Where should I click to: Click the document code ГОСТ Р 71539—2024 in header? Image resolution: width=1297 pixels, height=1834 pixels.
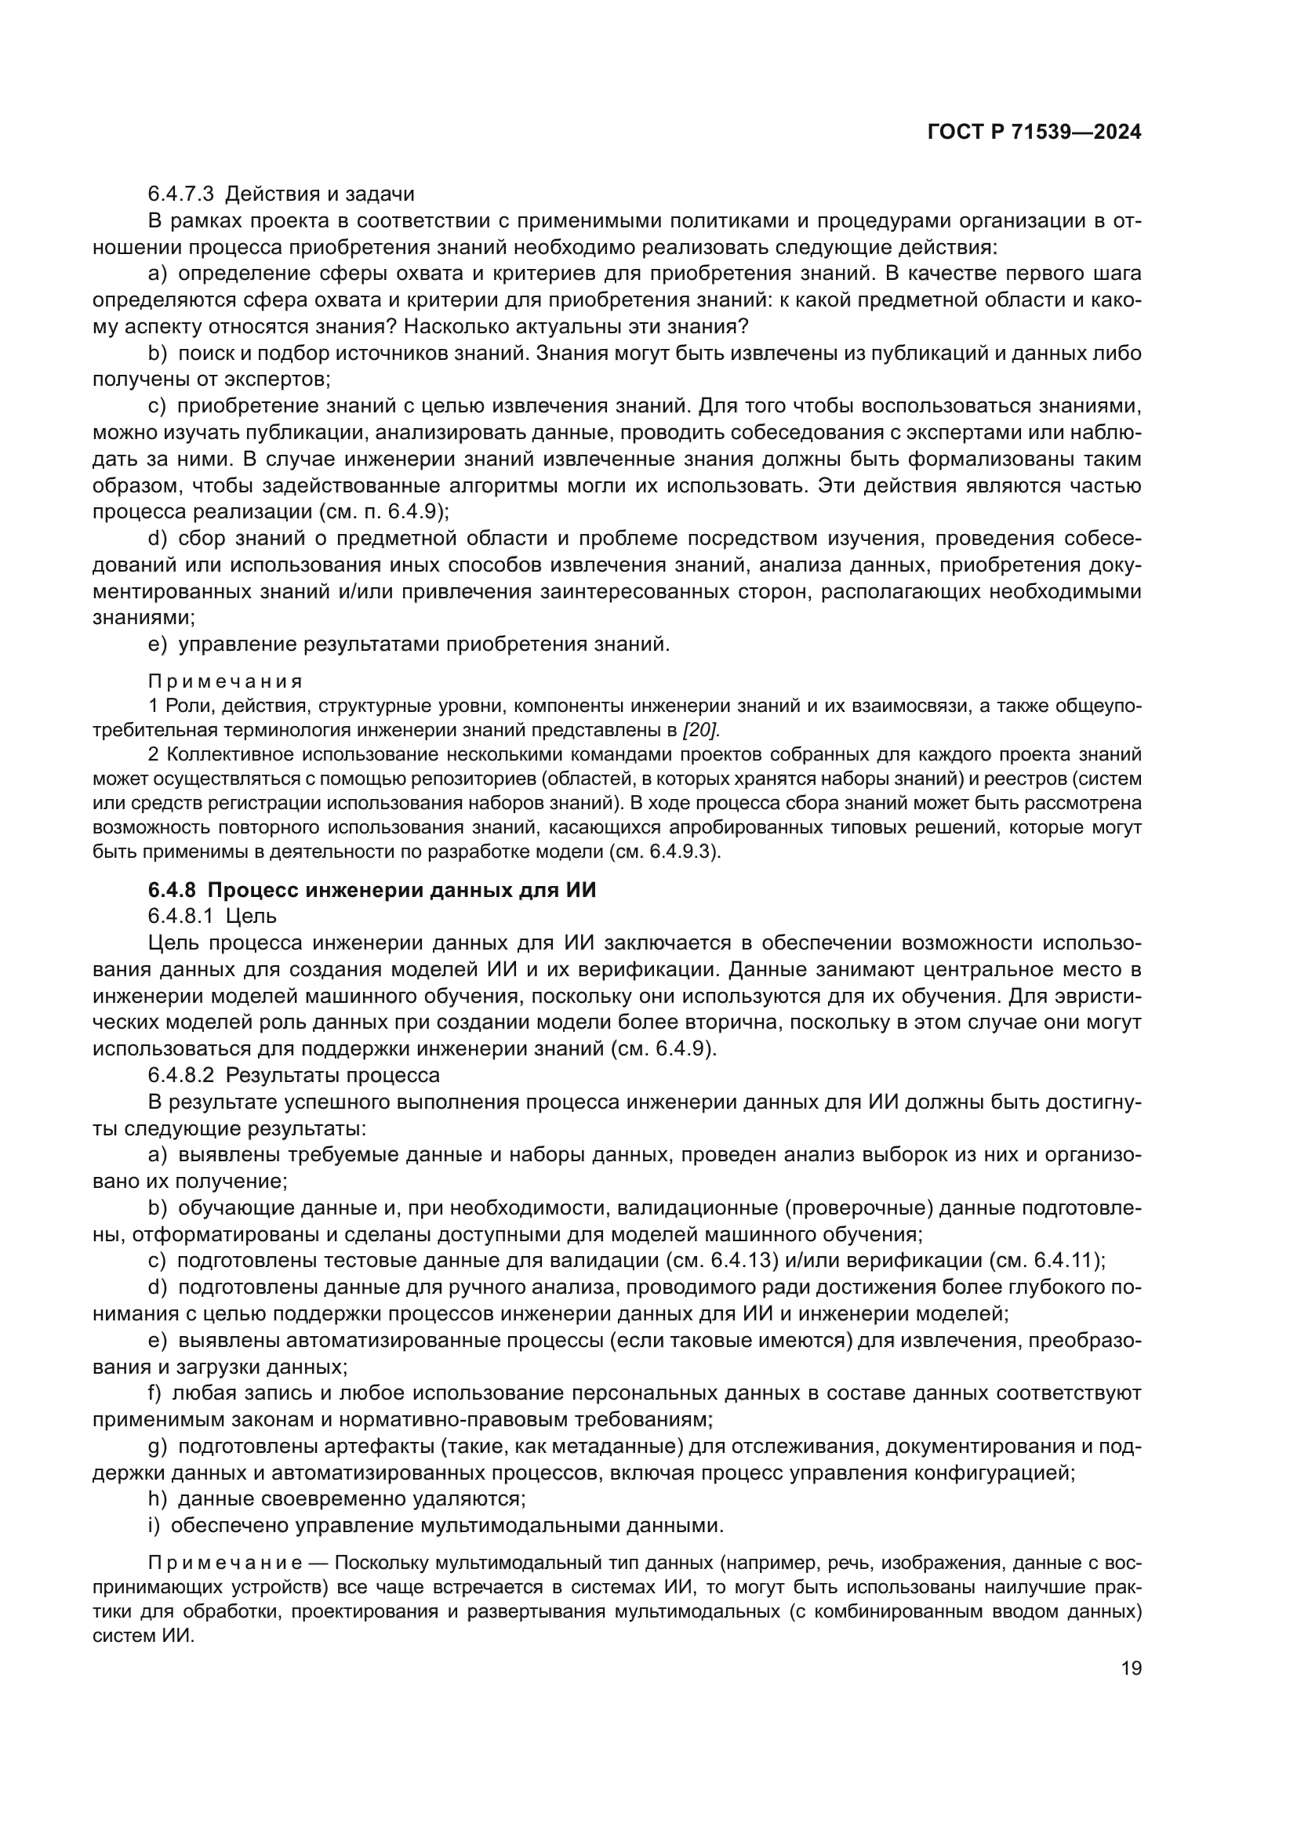1034,133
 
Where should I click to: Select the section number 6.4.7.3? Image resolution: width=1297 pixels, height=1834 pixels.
181,194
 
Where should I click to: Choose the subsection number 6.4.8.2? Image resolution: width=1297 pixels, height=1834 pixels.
181,1075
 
